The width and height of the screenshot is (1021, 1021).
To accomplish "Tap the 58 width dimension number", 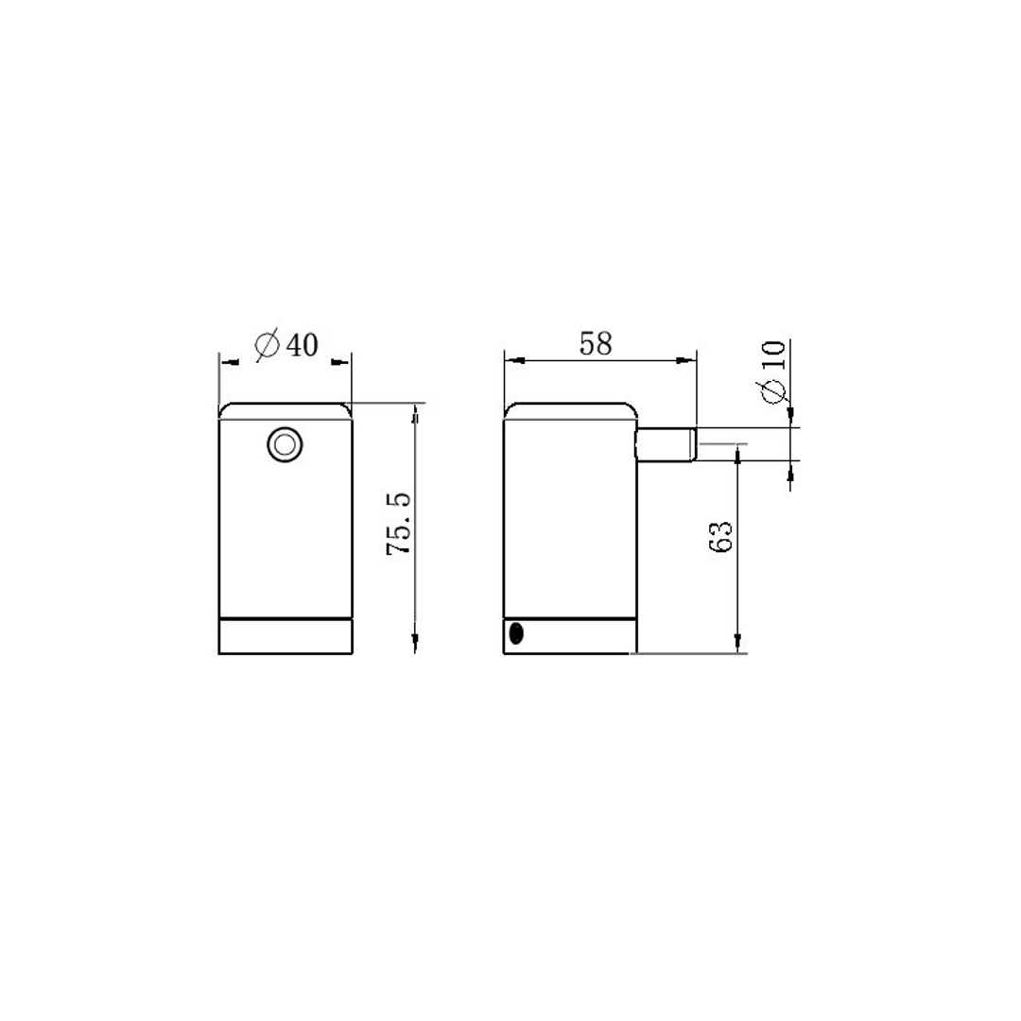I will (596, 344).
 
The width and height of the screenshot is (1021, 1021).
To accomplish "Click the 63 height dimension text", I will (720, 536).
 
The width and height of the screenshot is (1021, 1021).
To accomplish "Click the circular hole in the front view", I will (285, 443).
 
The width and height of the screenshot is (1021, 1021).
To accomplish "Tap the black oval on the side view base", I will (515, 633).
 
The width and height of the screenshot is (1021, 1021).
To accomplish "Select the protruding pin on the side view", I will (666, 443).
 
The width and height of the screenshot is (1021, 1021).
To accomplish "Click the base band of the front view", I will (285, 636).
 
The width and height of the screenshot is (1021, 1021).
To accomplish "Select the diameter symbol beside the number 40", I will (268, 346).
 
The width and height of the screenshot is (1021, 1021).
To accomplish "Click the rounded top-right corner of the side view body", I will (631, 412).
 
